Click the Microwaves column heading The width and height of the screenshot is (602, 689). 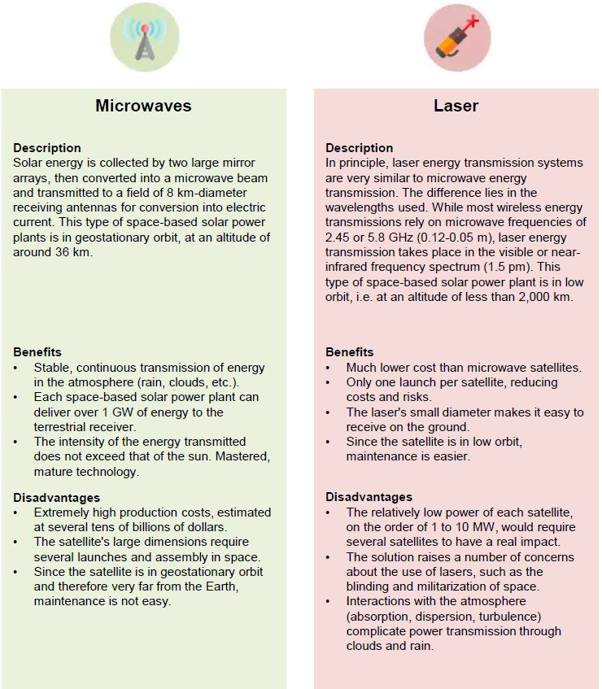(x=143, y=106)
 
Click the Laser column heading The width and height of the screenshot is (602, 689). (x=456, y=106)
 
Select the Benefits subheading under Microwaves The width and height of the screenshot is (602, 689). (x=37, y=352)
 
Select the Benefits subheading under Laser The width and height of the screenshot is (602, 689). (x=350, y=352)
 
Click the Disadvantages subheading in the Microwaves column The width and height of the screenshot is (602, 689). (x=56, y=498)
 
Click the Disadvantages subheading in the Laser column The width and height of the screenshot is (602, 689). (x=369, y=497)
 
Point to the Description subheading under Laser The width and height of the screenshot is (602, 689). (x=359, y=148)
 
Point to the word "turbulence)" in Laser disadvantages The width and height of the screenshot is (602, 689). (x=499, y=616)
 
